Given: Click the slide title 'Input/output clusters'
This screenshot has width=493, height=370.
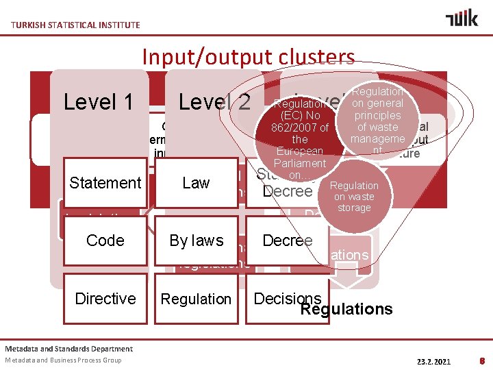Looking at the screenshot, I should pyautogui.click(x=248, y=57).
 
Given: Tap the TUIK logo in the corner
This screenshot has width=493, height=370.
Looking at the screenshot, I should pyautogui.click(x=462, y=18).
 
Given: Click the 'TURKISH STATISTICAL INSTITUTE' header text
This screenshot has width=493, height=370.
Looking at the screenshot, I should pyautogui.click(x=75, y=25).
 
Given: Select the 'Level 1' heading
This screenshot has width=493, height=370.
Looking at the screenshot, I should pyautogui.click(x=98, y=102).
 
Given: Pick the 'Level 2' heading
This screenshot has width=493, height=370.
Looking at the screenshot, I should pyautogui.click(x=214, y=102).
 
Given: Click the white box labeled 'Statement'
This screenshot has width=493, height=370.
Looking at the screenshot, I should pyautogui.click(x=105, y=183).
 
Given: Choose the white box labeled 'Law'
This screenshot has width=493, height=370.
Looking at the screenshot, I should pyautogui.click(x=196, y=183).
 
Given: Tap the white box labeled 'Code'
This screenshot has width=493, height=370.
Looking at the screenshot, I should pyautogui.click(x=105, y=241).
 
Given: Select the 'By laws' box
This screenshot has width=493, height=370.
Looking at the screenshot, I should pyautogui.click(x=196, y=241).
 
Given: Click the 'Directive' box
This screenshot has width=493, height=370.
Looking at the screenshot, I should pyautogui.click(x=105, y=299).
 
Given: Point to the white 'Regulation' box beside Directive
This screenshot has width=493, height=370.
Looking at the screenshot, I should pyautogui.click(x=196, y=299).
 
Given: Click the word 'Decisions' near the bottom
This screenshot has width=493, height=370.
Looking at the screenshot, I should pyautogui.click(x=287, y=298).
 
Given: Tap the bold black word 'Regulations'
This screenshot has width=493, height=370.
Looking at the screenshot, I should pyautogui.click(x=346, y=310).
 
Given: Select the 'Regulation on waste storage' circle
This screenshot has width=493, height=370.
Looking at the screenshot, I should pyautogui.click(x=354, y=197).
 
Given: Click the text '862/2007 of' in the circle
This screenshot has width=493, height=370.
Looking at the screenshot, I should pyautogui.click(x=300, y=127).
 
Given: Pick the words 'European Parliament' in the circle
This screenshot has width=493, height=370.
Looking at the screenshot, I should pyautogui.click(x=300, y=157).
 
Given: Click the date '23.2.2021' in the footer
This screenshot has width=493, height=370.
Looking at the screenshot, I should pyautogui.click(x=434, y=360).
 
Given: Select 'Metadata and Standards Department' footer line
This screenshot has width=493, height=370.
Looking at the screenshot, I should pyautogui.click(x=69, y=349).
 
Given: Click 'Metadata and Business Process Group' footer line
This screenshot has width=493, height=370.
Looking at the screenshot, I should pyautogui.click(x=63, y=360).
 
